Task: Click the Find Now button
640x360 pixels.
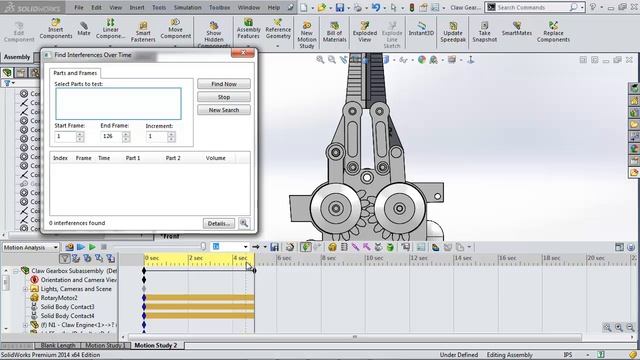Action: click(223, 84)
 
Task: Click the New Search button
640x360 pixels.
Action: click(223, 110)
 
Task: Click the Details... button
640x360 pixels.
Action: click(219, 223)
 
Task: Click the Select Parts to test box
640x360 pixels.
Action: click(117, 103)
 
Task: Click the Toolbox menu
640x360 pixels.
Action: click(219, 7)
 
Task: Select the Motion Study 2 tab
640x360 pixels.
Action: click(158, 345)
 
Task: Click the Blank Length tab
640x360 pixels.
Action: click(58, 345)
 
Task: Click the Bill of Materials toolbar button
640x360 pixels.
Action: click(335, 34)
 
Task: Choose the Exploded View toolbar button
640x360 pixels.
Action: click(364, 34)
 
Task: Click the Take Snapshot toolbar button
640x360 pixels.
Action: click(484, 34)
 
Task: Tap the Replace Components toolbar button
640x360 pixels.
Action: click(553, 34)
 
